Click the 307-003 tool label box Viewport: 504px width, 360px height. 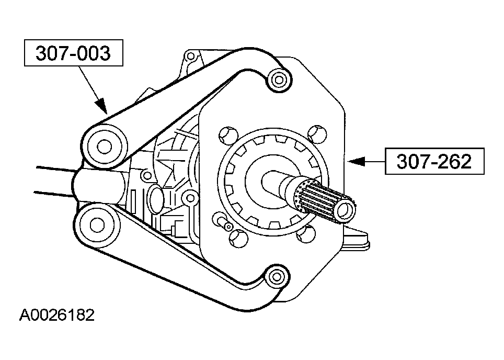[x=74, y=53]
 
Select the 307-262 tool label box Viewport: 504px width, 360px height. [x=434, y=161]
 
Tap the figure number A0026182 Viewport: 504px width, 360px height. [x=57, y=316]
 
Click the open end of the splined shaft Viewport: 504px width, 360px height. [x=345, y=210]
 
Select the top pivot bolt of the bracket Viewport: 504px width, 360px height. [x=278, y=80]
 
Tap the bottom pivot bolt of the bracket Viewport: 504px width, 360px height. [x=276, y=276]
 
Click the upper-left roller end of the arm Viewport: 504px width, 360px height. [x=104, y=147]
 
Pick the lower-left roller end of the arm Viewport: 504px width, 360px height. [x=97, y=225]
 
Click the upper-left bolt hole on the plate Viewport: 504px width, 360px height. [x=228, y=136]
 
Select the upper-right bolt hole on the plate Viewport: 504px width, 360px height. [x=317, y=134]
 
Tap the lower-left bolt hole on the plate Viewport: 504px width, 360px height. [x=238, y=239]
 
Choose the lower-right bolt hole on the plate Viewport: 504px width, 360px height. [x=305, y=234]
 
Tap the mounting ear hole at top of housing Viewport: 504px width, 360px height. [x=191, y=57]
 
